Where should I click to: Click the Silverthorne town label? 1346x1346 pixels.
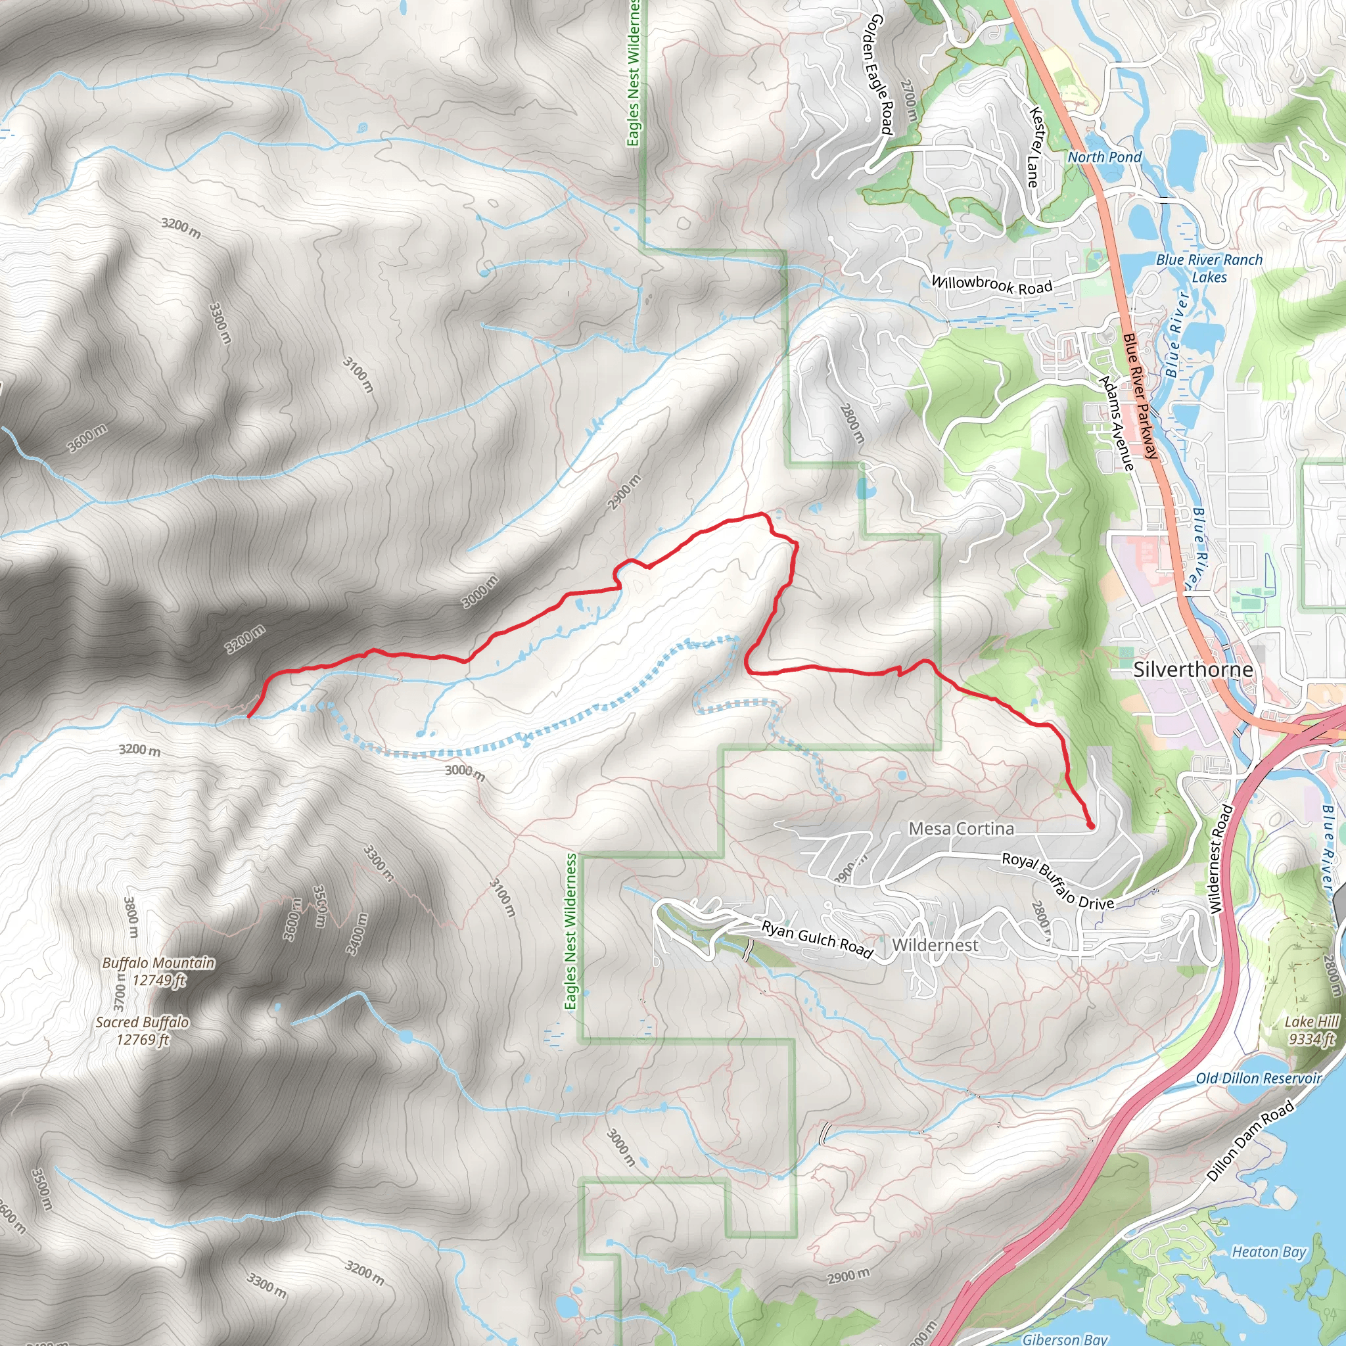tap(1193, 670)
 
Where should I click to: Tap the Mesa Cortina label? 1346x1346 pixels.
tap(961, 828)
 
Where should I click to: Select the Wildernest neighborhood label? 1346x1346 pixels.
tap(935, 944)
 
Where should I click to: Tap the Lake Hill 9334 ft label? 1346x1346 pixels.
tap(1312, 1030)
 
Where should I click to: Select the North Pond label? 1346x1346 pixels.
tap(1104, 158)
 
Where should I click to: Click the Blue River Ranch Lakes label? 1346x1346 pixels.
tap(1209, 267)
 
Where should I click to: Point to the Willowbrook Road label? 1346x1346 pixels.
tap(991, 285)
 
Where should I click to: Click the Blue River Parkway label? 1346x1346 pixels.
tap(1140, 395)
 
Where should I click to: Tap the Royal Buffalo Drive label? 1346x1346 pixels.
tap(1057, 881)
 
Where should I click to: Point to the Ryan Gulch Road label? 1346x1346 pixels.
tap(816, 939)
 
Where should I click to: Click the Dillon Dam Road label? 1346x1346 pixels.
tap(1250, 1140)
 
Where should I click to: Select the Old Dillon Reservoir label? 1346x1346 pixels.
tap(1258, 1079)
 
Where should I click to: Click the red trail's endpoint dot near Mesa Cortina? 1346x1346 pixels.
tap(1090, 825)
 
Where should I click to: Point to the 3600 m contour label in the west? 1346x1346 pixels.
tap(88, 438)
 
